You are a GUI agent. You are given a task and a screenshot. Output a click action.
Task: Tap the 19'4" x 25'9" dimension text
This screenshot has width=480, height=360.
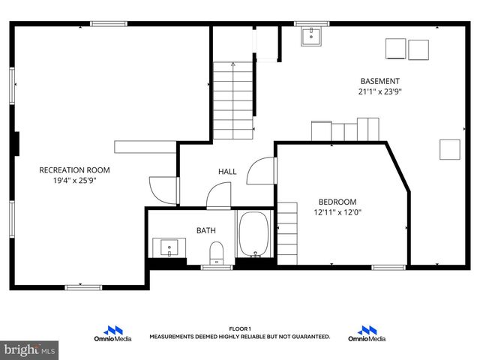[74, 181]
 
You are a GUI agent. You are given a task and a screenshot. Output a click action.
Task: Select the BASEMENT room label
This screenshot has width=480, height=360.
[379, 81]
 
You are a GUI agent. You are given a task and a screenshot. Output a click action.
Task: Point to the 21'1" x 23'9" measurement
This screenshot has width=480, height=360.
[379, 91]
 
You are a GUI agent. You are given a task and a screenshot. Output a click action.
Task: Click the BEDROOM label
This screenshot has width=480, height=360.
[337, 202]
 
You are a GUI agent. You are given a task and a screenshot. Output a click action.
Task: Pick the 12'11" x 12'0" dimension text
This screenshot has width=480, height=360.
[337, 212]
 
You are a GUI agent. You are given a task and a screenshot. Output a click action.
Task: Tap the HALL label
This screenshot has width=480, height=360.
[227, 172]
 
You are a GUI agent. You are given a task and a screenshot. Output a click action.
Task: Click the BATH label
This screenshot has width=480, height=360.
[205, 230]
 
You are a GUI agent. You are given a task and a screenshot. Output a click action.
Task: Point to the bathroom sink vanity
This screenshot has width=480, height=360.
[169, 247]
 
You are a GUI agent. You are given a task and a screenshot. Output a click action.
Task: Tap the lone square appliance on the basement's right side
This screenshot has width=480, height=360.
[450, 149]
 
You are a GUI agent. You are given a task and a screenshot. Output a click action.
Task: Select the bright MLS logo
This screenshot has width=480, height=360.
[30, 349]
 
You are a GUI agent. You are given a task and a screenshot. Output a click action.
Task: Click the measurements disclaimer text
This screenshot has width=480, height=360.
[239, 337]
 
